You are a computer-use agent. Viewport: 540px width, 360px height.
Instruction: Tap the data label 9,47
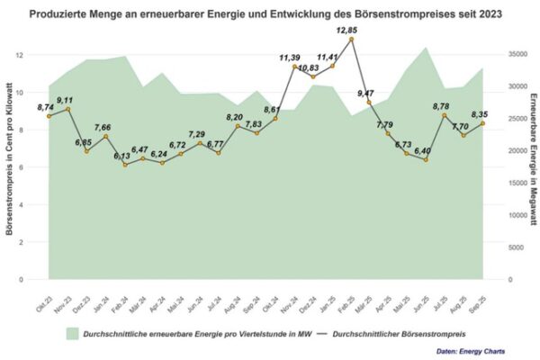pyautogui.click(x=365, y=93)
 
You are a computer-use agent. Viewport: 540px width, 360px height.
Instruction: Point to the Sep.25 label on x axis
pyautogui.click(x=479, y=295)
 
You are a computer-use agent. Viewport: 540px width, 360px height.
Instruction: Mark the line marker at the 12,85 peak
pyautogui.click(x=351, y=40)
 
